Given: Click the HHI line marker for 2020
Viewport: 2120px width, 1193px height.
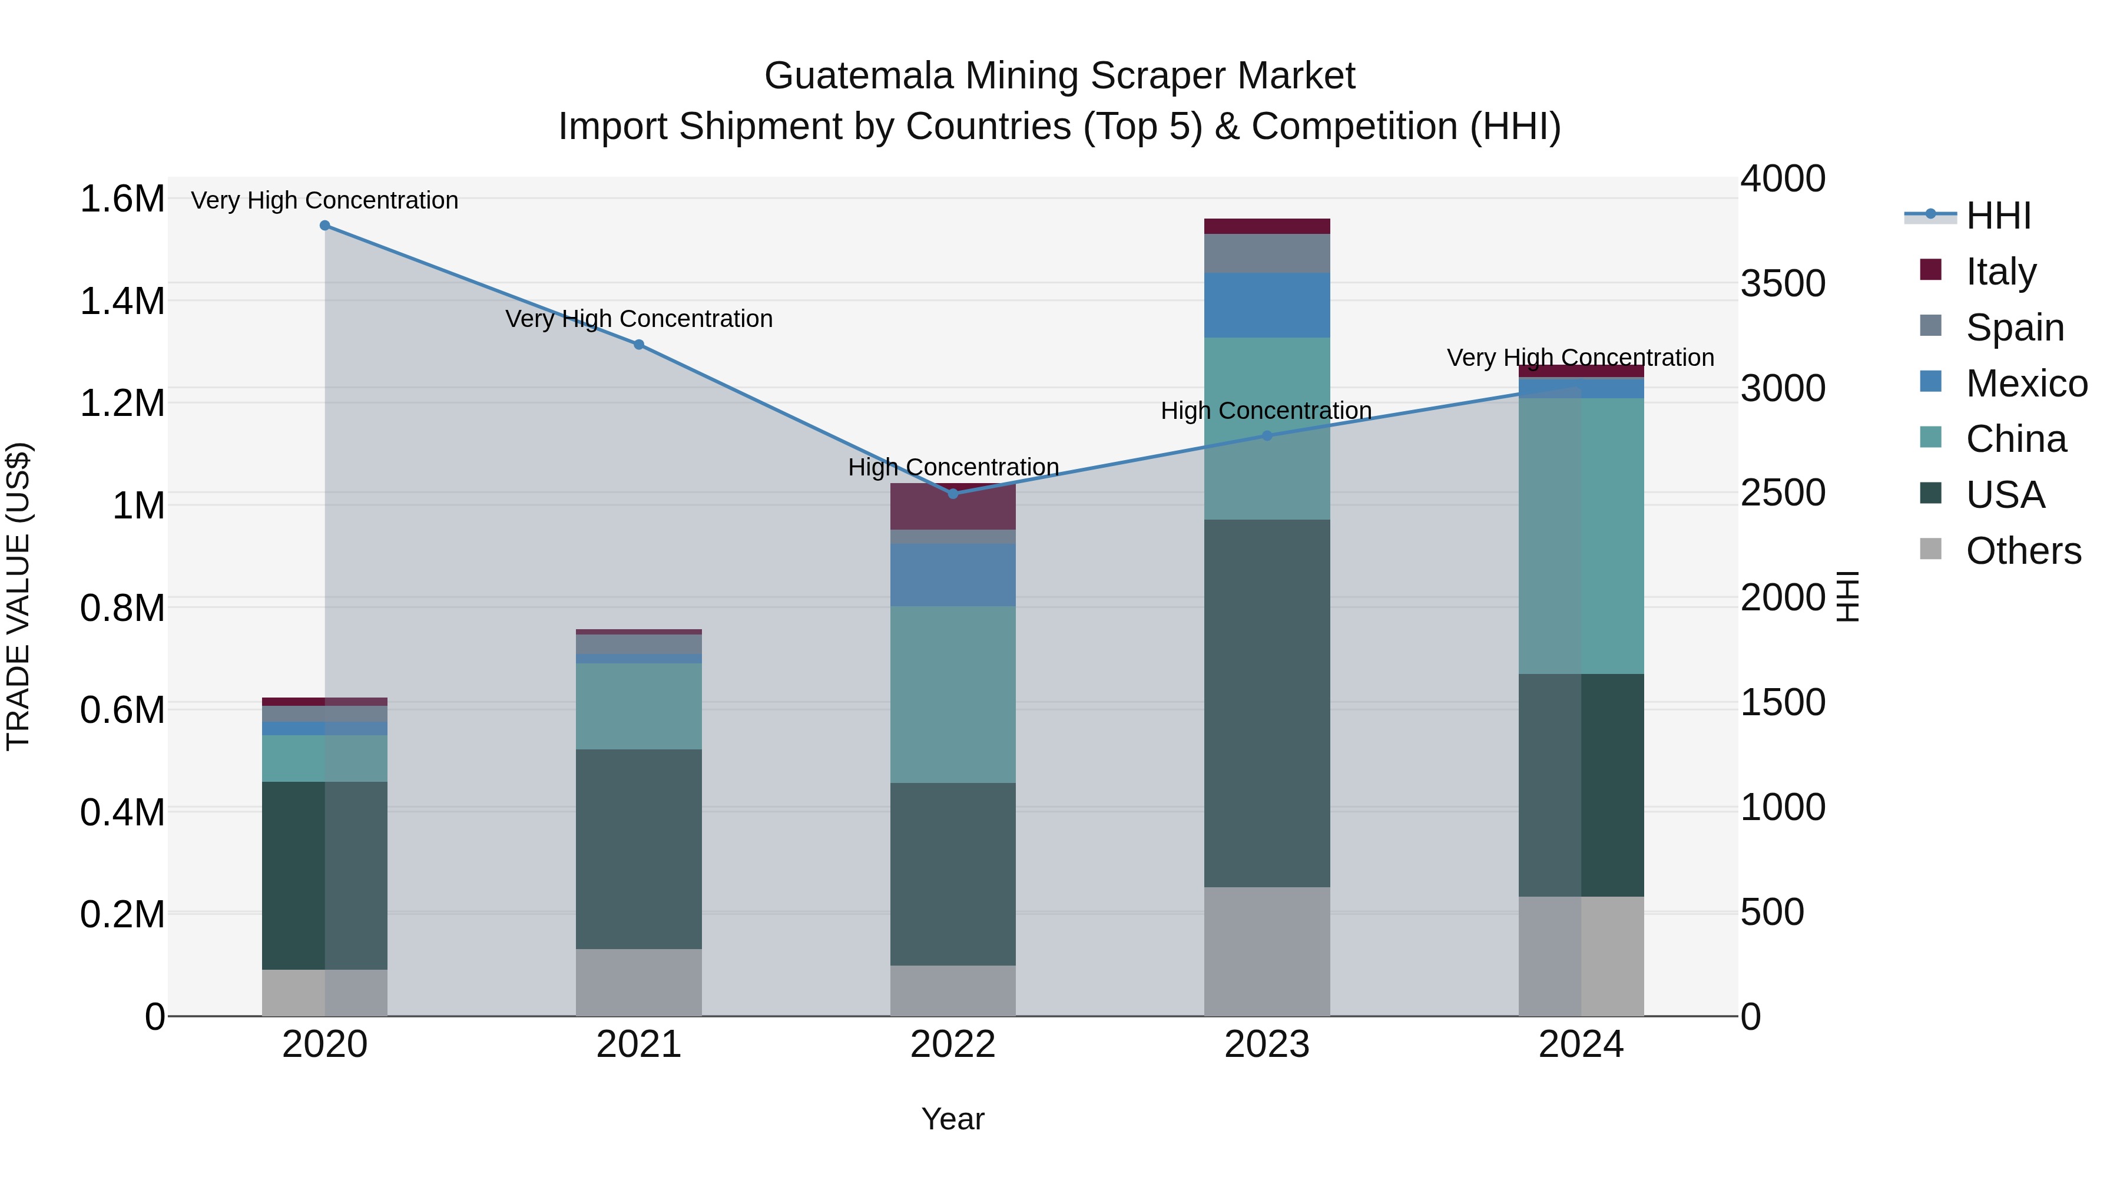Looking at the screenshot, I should tap(324, 226).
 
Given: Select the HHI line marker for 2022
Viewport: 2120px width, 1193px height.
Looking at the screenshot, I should tap(953, 494).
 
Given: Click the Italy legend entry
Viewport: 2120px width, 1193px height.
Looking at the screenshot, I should tap(2000, 271).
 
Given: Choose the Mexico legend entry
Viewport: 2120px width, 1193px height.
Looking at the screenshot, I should tap(2025, 383).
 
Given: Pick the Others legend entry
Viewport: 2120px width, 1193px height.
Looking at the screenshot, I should tap(2023, 551).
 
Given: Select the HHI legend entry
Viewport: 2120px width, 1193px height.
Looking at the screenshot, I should tap(1998, 216).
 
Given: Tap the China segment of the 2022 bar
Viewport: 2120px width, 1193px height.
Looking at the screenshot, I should tap(953, 694).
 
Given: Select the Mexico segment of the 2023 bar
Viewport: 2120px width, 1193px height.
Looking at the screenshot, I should tap(1267, 305).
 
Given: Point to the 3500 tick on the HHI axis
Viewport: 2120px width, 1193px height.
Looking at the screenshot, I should tap(1783, 283).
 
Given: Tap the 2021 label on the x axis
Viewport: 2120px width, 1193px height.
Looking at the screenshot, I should tap(638, 1045).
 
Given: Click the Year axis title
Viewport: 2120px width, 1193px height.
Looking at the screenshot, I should tap(953, 1119).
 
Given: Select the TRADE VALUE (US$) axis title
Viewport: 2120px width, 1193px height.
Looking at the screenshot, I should tap(18, 596).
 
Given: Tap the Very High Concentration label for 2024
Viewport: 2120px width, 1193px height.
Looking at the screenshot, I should tap(1580, 358).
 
